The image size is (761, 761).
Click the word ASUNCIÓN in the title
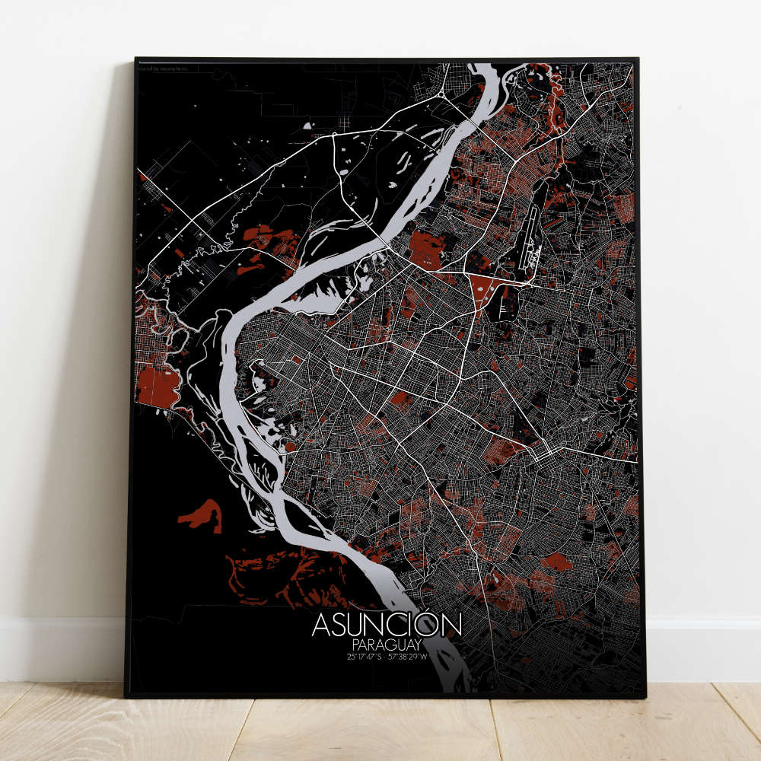point(387,625)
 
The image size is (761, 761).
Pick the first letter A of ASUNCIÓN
point(321,626)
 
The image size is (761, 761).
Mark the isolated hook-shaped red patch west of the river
point(202,515)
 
